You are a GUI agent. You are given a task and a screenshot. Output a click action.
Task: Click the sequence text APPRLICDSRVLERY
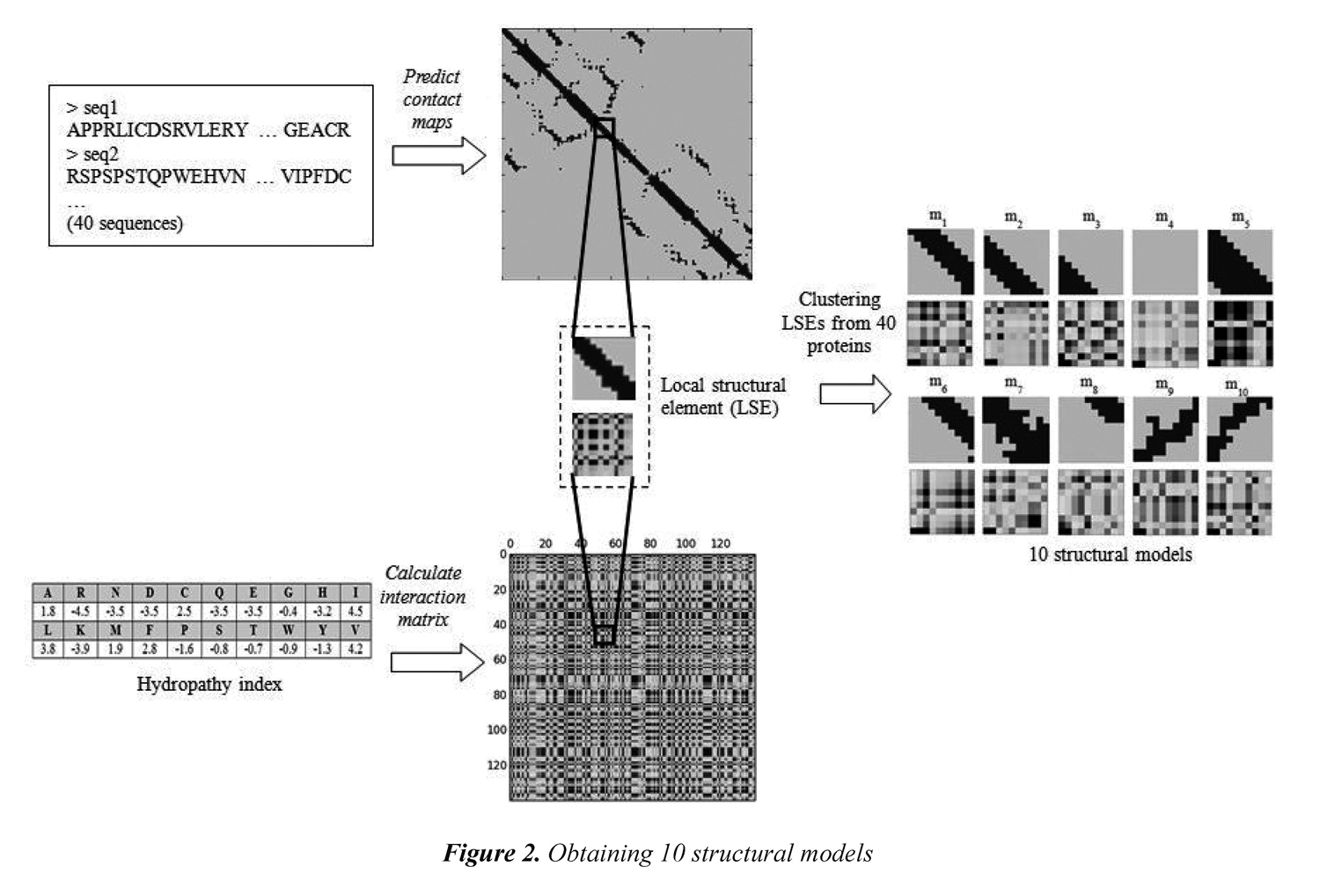(158, 130)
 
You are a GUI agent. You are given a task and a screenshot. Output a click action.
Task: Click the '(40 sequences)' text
(125, 224)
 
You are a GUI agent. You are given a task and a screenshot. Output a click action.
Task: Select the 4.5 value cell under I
(356, 611)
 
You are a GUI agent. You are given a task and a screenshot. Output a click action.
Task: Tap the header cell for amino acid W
(288, 630)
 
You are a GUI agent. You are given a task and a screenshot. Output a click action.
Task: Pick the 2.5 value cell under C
(184, 611)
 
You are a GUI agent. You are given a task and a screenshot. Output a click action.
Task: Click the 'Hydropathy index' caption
(209, 685)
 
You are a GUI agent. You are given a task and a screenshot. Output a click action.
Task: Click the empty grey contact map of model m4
(1165, 262)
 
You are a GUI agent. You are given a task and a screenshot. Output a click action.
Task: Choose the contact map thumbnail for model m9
(1165, 430)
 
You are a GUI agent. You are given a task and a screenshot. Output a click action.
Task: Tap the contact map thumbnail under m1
(941, 262)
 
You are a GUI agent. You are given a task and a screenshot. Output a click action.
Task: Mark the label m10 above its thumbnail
(1236, 386)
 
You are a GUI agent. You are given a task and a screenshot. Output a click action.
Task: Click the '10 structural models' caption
(1111, 555)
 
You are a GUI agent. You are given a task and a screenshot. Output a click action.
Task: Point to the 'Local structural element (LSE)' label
(723, 396)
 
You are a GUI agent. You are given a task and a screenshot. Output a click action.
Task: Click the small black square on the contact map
(605, 128)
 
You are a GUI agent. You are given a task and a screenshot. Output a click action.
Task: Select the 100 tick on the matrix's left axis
(497, 730)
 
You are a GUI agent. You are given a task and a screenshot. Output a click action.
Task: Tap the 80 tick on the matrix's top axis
(649, 543)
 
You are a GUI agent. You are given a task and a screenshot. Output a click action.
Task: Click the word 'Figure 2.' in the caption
(490, 853)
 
